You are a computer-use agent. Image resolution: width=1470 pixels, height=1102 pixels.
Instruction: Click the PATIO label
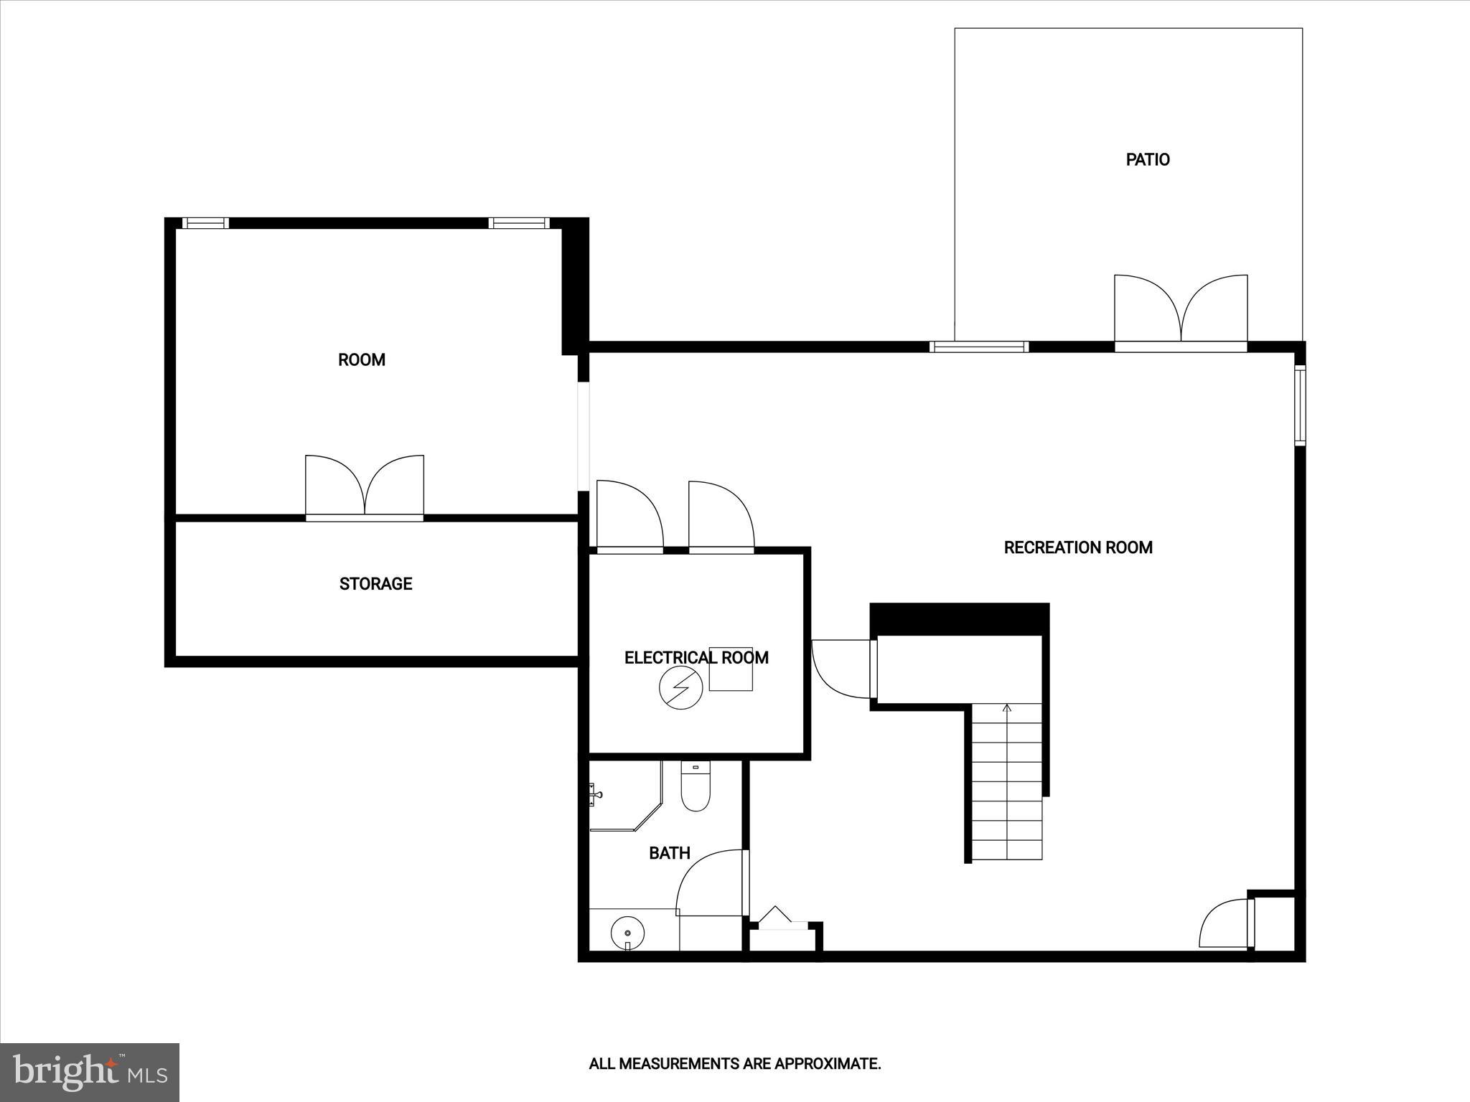(1147, 159)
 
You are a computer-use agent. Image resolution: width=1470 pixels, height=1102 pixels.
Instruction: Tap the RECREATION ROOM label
(1077, 547)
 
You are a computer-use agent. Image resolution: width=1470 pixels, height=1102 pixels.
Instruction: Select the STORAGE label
(375, 583)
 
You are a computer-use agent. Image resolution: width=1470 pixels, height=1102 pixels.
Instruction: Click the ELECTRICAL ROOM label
(696, 657)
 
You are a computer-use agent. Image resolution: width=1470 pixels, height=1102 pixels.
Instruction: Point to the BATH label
(669, 852)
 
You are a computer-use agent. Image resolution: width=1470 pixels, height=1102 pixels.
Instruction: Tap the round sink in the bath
(627, 933)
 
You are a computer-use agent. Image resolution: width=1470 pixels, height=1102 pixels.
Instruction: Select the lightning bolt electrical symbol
(680, 688)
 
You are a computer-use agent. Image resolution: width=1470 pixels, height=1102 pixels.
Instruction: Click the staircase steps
(1006, 782)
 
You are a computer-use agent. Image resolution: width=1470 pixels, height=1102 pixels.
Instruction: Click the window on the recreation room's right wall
(1299, 405)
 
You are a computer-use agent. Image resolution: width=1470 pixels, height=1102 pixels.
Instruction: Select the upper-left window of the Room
(205, 223)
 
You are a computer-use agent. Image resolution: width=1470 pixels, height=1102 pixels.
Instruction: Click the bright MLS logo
(90, 1072)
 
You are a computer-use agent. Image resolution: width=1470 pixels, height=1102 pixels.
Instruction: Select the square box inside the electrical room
(731, 669)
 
